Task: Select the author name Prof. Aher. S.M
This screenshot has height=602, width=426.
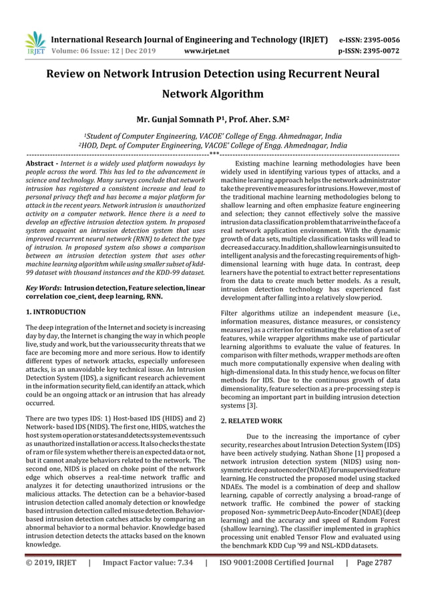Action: point(254,120)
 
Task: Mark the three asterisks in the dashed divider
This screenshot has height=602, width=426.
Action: point(213,154)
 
